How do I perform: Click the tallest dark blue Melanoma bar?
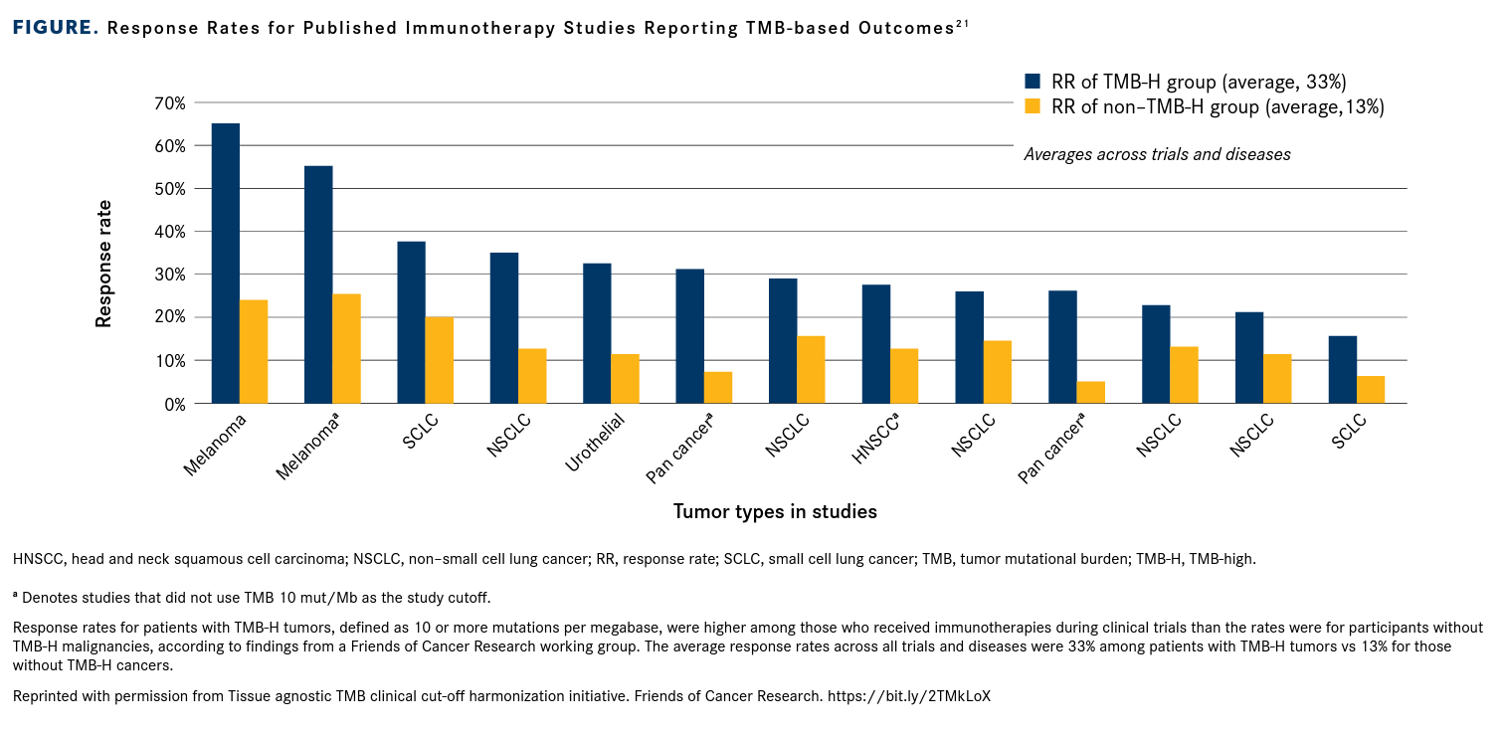226,264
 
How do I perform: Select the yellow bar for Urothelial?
625,379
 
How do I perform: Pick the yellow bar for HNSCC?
904,376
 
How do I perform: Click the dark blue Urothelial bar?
597,333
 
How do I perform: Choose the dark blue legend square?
1033,82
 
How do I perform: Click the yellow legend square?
1033,106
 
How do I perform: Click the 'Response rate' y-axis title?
103,263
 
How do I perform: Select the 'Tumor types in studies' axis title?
775,512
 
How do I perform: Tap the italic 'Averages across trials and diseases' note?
1157,154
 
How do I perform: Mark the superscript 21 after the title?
962,22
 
